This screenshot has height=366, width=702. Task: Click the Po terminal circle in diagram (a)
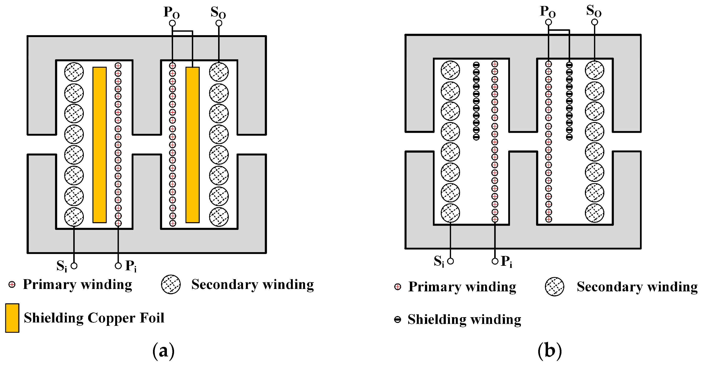tap(172, 23)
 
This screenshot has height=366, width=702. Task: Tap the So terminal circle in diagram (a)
tap(219, 23)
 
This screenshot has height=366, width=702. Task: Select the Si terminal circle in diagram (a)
tap(74, 266)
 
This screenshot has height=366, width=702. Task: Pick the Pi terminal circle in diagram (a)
tap(118, 266)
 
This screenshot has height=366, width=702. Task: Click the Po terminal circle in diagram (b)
tap(549, 22)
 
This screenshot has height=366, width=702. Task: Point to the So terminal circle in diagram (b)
tap(595, 22)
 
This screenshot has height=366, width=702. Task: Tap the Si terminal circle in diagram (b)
tap(450, 261)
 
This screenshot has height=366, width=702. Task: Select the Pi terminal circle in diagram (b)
tap(495, 261)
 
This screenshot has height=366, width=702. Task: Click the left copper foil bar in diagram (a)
tap(99, 145)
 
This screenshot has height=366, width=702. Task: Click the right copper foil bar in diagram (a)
tap(192, 145)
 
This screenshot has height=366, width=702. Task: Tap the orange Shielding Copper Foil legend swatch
tap(12, 318)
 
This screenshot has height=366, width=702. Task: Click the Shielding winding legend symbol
tap(398, 319)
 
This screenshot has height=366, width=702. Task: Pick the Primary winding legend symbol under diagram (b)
tap(398, 287)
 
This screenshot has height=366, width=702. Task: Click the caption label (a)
tap(164, 351)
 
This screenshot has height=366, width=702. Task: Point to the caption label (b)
tap(550, 351)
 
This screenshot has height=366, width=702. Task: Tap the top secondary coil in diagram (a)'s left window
tap(74, 72)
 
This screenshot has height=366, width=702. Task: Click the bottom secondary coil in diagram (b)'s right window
tap(595, 213)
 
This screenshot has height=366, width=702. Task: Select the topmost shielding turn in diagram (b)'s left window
tap(476, 65)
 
